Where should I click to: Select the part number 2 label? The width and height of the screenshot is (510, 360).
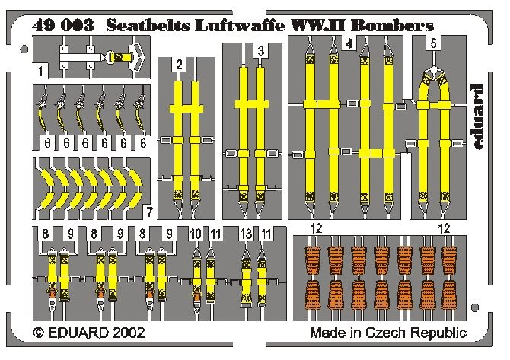tap(178, 67)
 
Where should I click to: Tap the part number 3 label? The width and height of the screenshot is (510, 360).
tap(261, 51)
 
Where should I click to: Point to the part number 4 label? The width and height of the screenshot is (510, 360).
tap(349, 45)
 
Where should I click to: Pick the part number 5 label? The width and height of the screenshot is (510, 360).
tap(433, 44)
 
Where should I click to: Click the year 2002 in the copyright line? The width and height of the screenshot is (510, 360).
tap(123, 333)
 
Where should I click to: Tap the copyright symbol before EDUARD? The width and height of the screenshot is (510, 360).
tap(40, 333)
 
